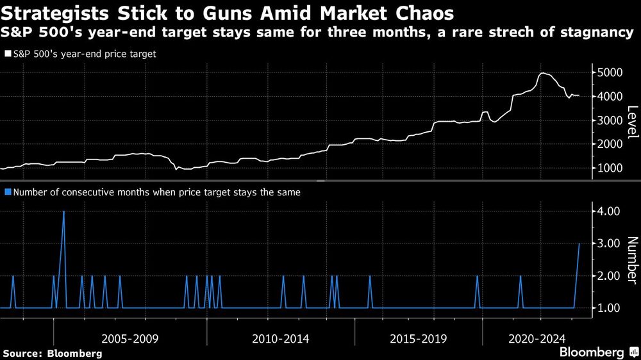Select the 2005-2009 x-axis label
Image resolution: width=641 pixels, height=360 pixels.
129,338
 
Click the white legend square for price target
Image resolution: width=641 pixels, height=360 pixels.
7,54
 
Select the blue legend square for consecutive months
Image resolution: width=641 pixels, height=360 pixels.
7,192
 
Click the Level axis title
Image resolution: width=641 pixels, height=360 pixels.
632,122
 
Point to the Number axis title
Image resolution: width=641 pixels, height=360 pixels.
632,259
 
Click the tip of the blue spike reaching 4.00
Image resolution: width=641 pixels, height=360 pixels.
63,211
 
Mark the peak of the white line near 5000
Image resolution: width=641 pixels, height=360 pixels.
543,73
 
